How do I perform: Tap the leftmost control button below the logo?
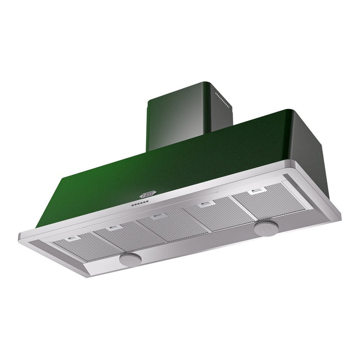point(132,206)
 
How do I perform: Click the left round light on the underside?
point(129,260)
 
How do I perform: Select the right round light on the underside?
point(266,228)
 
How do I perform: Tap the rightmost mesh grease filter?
point(267,201)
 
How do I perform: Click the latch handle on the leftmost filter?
point(74,238)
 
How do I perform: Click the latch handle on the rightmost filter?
point(255,192)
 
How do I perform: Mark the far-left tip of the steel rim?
point(19,238)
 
